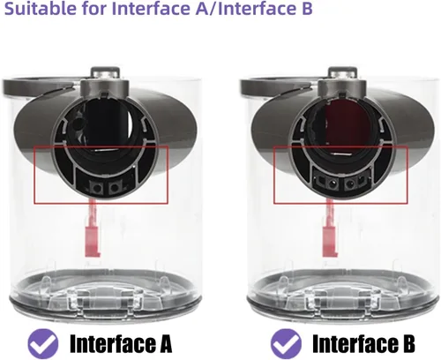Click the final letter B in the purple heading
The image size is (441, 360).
307,8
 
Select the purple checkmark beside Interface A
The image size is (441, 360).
43,342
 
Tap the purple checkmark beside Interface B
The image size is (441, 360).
286,342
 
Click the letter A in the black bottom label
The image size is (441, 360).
165,343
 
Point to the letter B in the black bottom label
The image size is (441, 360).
408,343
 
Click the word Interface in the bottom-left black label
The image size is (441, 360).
113,343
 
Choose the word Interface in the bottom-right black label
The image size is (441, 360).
355,343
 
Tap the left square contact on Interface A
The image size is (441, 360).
95,187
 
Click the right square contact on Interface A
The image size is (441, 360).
115,187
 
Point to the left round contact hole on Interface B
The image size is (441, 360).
333,184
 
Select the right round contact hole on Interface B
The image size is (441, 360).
350,184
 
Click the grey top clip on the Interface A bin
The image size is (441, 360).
105,73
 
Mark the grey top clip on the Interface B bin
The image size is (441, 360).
343,73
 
